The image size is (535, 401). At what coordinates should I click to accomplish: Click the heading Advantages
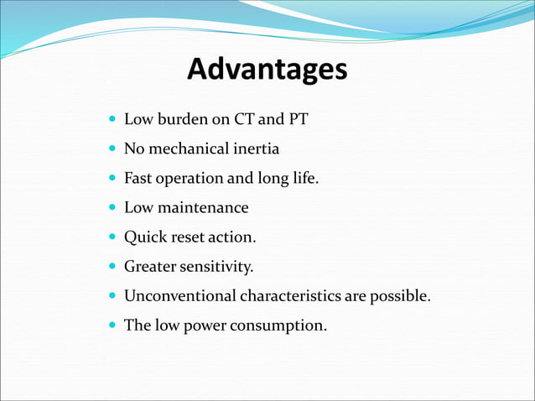(267, 70)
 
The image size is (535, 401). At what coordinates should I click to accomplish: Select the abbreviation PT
(299, 120)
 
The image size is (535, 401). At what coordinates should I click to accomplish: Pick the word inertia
(256, 149)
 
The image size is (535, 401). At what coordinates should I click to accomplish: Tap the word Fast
(138, 179)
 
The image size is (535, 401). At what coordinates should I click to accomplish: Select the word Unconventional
(180, 296)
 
